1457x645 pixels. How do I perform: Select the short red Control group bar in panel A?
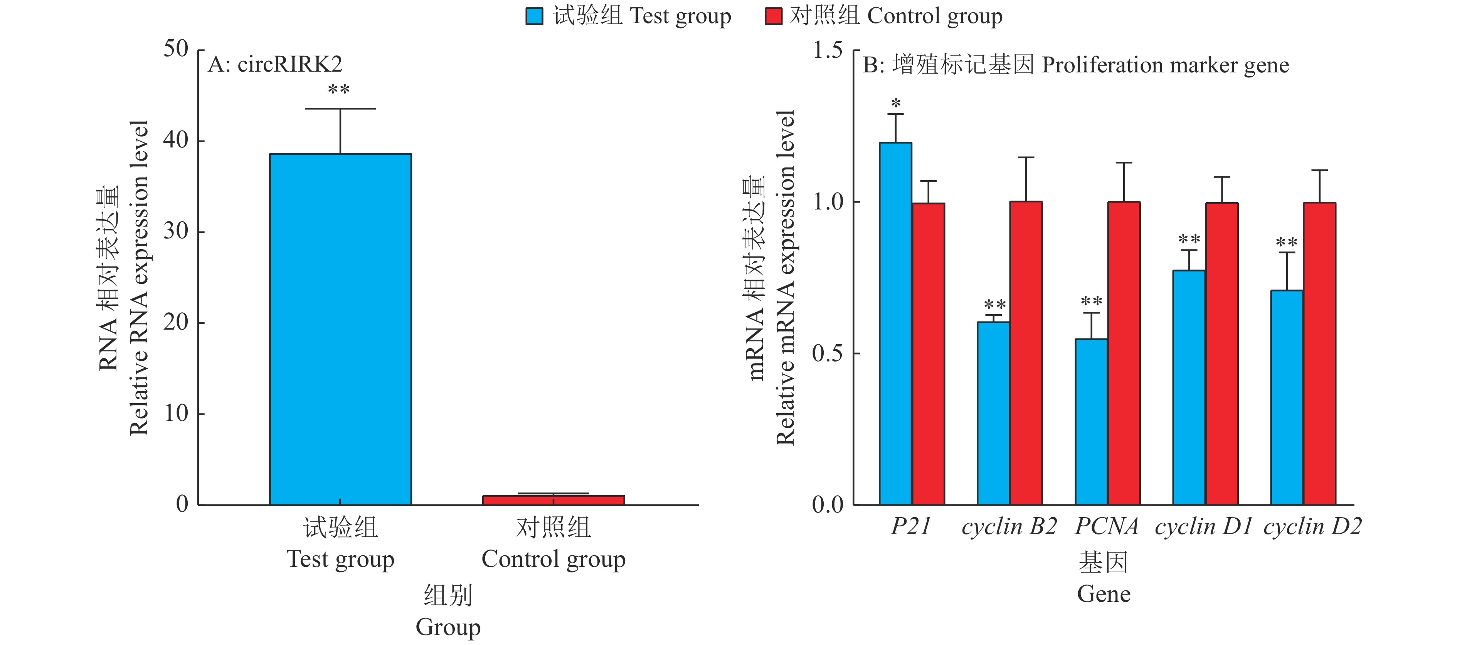[x=553, y=500]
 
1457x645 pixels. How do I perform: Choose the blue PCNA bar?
[x=1091, y=422]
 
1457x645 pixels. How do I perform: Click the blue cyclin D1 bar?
[x=1189, y=387]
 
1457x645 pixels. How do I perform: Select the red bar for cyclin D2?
[x=1319, y=353]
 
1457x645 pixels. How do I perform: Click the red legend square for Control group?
[x=773, y=17]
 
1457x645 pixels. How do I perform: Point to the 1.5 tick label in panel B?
[x=828, y=50]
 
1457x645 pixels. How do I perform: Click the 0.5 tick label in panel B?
[x=828, y=353]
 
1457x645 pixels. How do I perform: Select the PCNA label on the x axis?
[x=1106, y=526]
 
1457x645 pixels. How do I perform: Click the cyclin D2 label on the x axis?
[x=1312, y=526]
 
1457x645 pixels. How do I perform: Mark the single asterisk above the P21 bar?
[x=895, y=104]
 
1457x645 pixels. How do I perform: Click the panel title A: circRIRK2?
[x=275, y=64]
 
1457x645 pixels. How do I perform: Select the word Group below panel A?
[x=448, y=627]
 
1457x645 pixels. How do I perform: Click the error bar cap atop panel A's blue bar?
[x=340, y=109]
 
